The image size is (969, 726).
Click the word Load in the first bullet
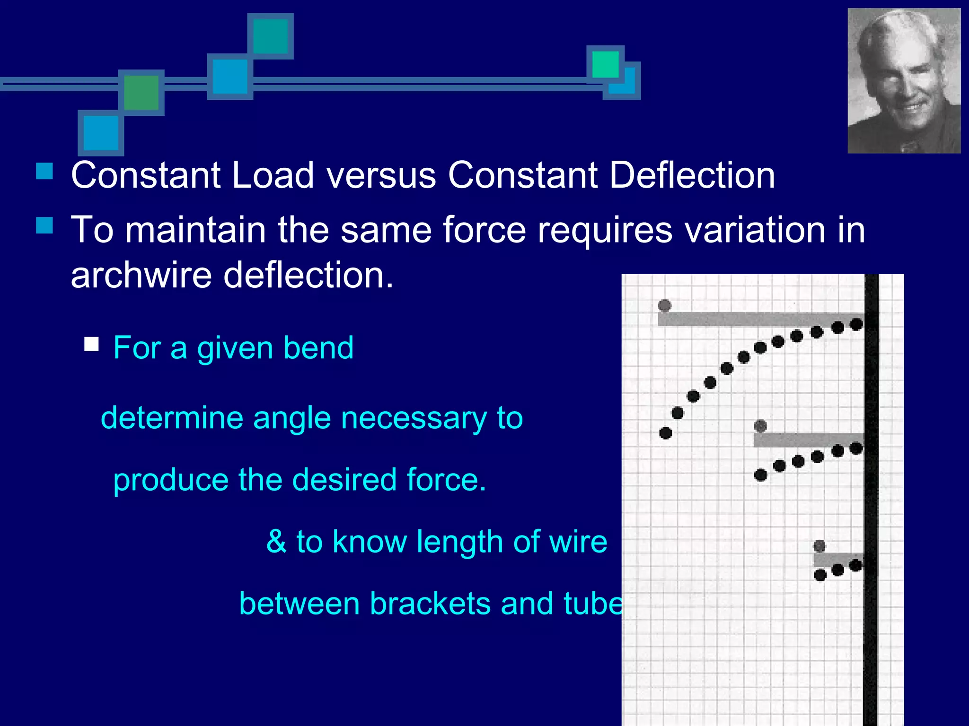(x=273, y=175)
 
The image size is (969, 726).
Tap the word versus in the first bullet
(x=381, y=175)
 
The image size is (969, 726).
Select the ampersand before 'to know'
(x=276, y=542)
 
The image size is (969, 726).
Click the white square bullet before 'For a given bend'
(x=91, y=344)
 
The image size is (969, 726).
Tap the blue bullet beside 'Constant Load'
(x=44, y=171)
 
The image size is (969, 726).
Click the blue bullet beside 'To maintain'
(x=44, y=225)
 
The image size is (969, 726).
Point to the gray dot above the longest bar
(x=664, y=305)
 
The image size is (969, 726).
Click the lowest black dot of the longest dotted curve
(x=665, y=432)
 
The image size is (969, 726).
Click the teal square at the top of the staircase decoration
(x=271, y=36)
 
